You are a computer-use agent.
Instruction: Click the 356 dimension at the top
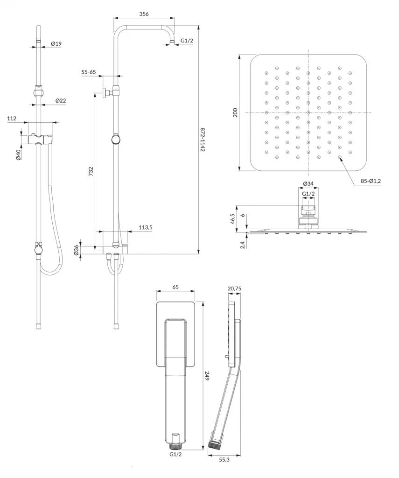tap(144, 14)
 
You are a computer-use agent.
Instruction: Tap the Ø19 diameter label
tap(56, 43)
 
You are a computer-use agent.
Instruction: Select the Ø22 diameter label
tap(61, 101)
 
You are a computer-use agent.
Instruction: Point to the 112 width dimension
tap(12, 118)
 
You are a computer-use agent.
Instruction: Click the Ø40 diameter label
tap(18, 155)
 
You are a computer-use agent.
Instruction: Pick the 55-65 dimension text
tap(88, 72)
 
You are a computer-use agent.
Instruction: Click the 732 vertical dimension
tap(91, 171)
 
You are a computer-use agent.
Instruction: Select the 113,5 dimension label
tap(146, 227)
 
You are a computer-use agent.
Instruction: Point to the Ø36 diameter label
tap(76, 250)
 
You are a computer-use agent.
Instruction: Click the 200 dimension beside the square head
tap(235, 113)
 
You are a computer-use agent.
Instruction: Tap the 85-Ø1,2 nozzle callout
tap(371, 181)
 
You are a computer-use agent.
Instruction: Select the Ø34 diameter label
tap(308, 183)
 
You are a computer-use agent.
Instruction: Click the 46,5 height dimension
tap(232, 219)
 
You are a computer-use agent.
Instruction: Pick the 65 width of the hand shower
tap(175, 287)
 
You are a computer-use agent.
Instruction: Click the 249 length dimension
tap(207, 376)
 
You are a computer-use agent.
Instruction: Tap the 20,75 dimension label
tap(234, 288)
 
